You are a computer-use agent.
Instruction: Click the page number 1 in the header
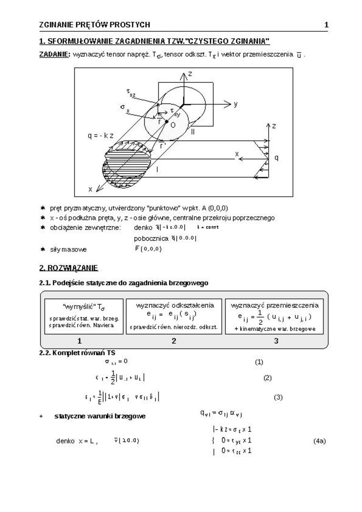326,25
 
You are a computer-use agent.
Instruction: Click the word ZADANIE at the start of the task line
54,54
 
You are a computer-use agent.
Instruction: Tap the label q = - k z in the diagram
101,135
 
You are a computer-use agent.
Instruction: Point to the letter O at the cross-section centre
172,125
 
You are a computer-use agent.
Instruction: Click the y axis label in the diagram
235,104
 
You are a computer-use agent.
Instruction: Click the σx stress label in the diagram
125,108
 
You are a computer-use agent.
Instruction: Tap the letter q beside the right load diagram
276,157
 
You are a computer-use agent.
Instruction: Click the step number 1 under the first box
80,341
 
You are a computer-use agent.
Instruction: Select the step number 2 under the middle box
174,341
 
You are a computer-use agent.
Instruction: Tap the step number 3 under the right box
276,341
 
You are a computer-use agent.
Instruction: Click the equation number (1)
259,362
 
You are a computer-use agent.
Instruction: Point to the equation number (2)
267,378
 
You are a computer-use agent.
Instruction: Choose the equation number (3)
278,397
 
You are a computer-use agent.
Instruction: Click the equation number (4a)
319,441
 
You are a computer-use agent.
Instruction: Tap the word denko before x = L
65,441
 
